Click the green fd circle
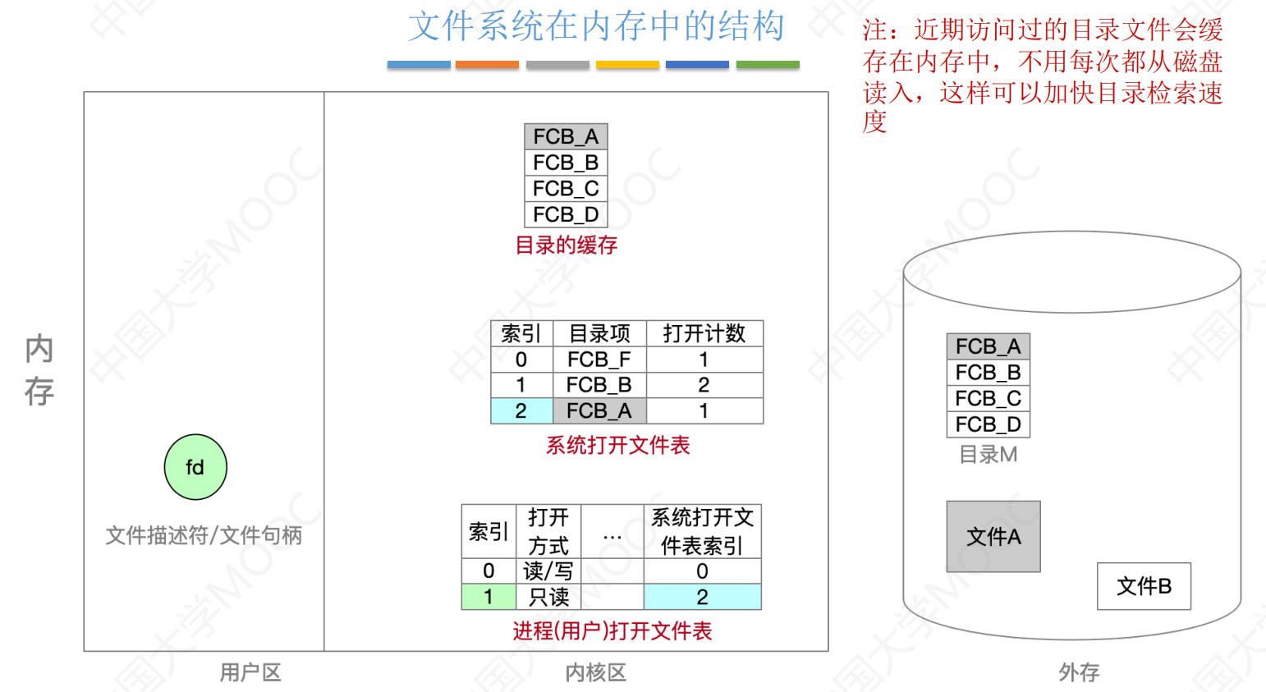pyautogui.click(x=195, y=467)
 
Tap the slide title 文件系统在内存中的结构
pyautogui.click(x=596, y=26)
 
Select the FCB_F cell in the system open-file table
pyautogui.click(x=599, y=360)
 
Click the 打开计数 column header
pyautogui.click(x=704, y=333)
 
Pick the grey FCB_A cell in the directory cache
pyautogui.click(x=566, y=136)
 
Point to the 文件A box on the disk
pyautogui.click(x=993, y=537)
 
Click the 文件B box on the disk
pyautogui.click(x=1144, y=586)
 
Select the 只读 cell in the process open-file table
pyautogui.click(x=548, y=597)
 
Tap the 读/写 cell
pyautogui.click(x=548, y=571)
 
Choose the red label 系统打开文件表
pyautogui.click(x=617, y=446)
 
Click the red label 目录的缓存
pyautogui.click(x=566, y=245)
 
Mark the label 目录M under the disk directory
pyautogui.click(x=988, y=454)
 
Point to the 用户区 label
pyautogui.click(x=250, y=673)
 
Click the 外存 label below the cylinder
pyautogui.click(x=1079, y=673)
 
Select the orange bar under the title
pyautogui.click(x=487, y=65)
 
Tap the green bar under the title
pyautogui.click(x=768, y=65)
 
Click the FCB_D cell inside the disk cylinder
pyautogui.click(x=988, y=424)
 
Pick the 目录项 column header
pyautogui.click(x=599, y=333)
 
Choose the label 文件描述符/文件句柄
pyautogui.click(x=204, y=535)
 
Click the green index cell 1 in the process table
pyautogui.click(x=489, y=597)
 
